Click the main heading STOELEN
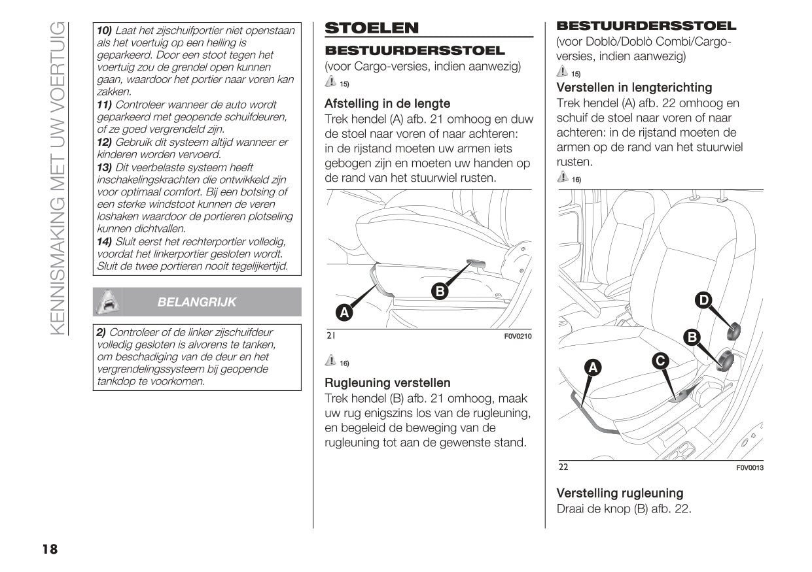pyautogui.click(x=372, y=28)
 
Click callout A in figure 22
pyautogui.click(x=593, y=368)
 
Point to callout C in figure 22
pyautogui.click(x=661, y=361)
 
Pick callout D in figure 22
pyautogui.click(x=721, y=300)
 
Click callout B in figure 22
pyautogui.click(x=692, y=337)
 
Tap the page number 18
pyautogui.click(x=50, y=549)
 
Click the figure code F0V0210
pyautogui.click(x=518, y=337)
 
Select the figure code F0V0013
pyautogui.click(x=750, y=467)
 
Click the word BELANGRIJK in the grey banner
pyautogui.click(x=197, y=302)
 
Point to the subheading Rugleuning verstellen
pyautogui.click(x=387, y=383)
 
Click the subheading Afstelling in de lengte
pyautogui.click(x=387, y=103)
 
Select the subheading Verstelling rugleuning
pyautogui.click(x=620, y=494)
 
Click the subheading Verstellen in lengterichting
pyautogui.click(x=634, y=88)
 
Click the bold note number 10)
pyautogui.click(x=105, y=31)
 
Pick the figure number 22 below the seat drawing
pyautogui.click(x=563, y=467)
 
